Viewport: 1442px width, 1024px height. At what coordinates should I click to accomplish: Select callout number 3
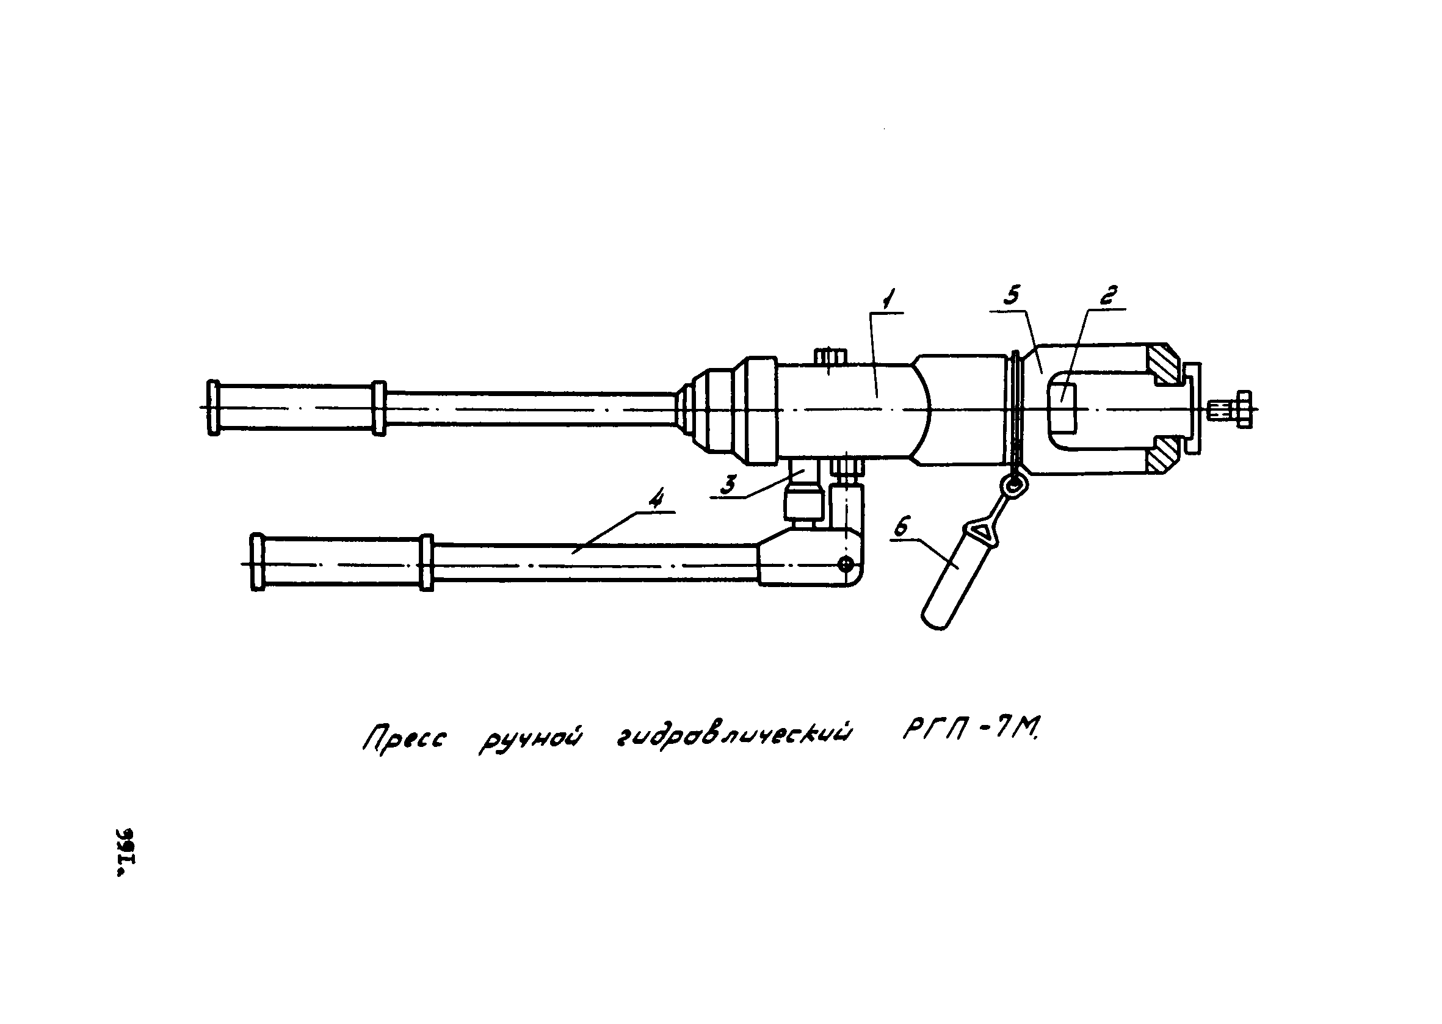click(728, 486)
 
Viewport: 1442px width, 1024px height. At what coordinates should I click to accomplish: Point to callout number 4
click(656, 500)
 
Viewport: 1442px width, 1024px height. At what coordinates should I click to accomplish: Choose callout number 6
click(902, 528)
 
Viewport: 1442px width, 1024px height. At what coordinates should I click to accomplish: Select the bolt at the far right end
click(1237, 410)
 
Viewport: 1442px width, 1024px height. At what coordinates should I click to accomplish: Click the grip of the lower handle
click(341, 563)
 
